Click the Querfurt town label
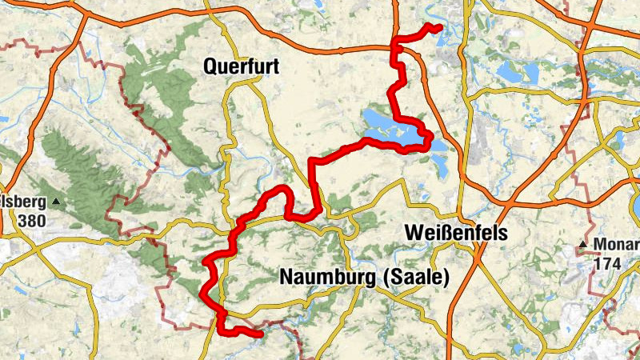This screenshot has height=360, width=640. (x=242, y=68)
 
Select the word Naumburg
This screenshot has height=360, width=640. (x=329, y=277)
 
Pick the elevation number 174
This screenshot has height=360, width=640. (x=607, y=262)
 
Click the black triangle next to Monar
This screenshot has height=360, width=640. (x=585, y=243)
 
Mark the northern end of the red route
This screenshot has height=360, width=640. (x=440, y=29)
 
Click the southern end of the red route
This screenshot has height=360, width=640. (x=260, y=334)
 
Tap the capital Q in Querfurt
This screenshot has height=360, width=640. (x=211, y=68)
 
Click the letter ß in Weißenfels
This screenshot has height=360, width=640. (x=449, y=232)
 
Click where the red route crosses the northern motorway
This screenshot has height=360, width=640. (x=393, y=49)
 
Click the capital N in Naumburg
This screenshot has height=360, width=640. (x=286, y=277)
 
